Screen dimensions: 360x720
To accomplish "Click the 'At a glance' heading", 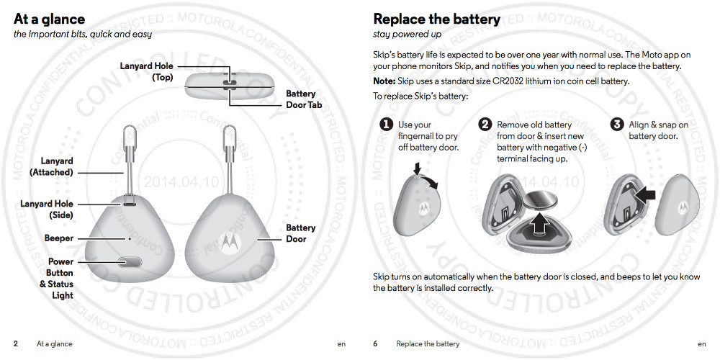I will coord(49,19).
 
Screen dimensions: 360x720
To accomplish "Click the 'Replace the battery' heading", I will coord(436,19).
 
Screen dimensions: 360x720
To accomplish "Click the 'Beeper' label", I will coord(59,238).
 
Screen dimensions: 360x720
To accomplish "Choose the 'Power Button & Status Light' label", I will coord(57,279).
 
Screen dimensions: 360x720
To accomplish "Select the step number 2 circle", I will coord(485,125).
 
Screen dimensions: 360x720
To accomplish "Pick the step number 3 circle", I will coord(617,125).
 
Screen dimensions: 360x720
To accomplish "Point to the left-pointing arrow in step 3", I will coord(645,193).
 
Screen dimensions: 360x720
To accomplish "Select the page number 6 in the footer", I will coord(375,344).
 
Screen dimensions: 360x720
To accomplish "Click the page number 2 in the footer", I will coord(16,344).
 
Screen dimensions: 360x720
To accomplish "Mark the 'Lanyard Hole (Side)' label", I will coord(47,210).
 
